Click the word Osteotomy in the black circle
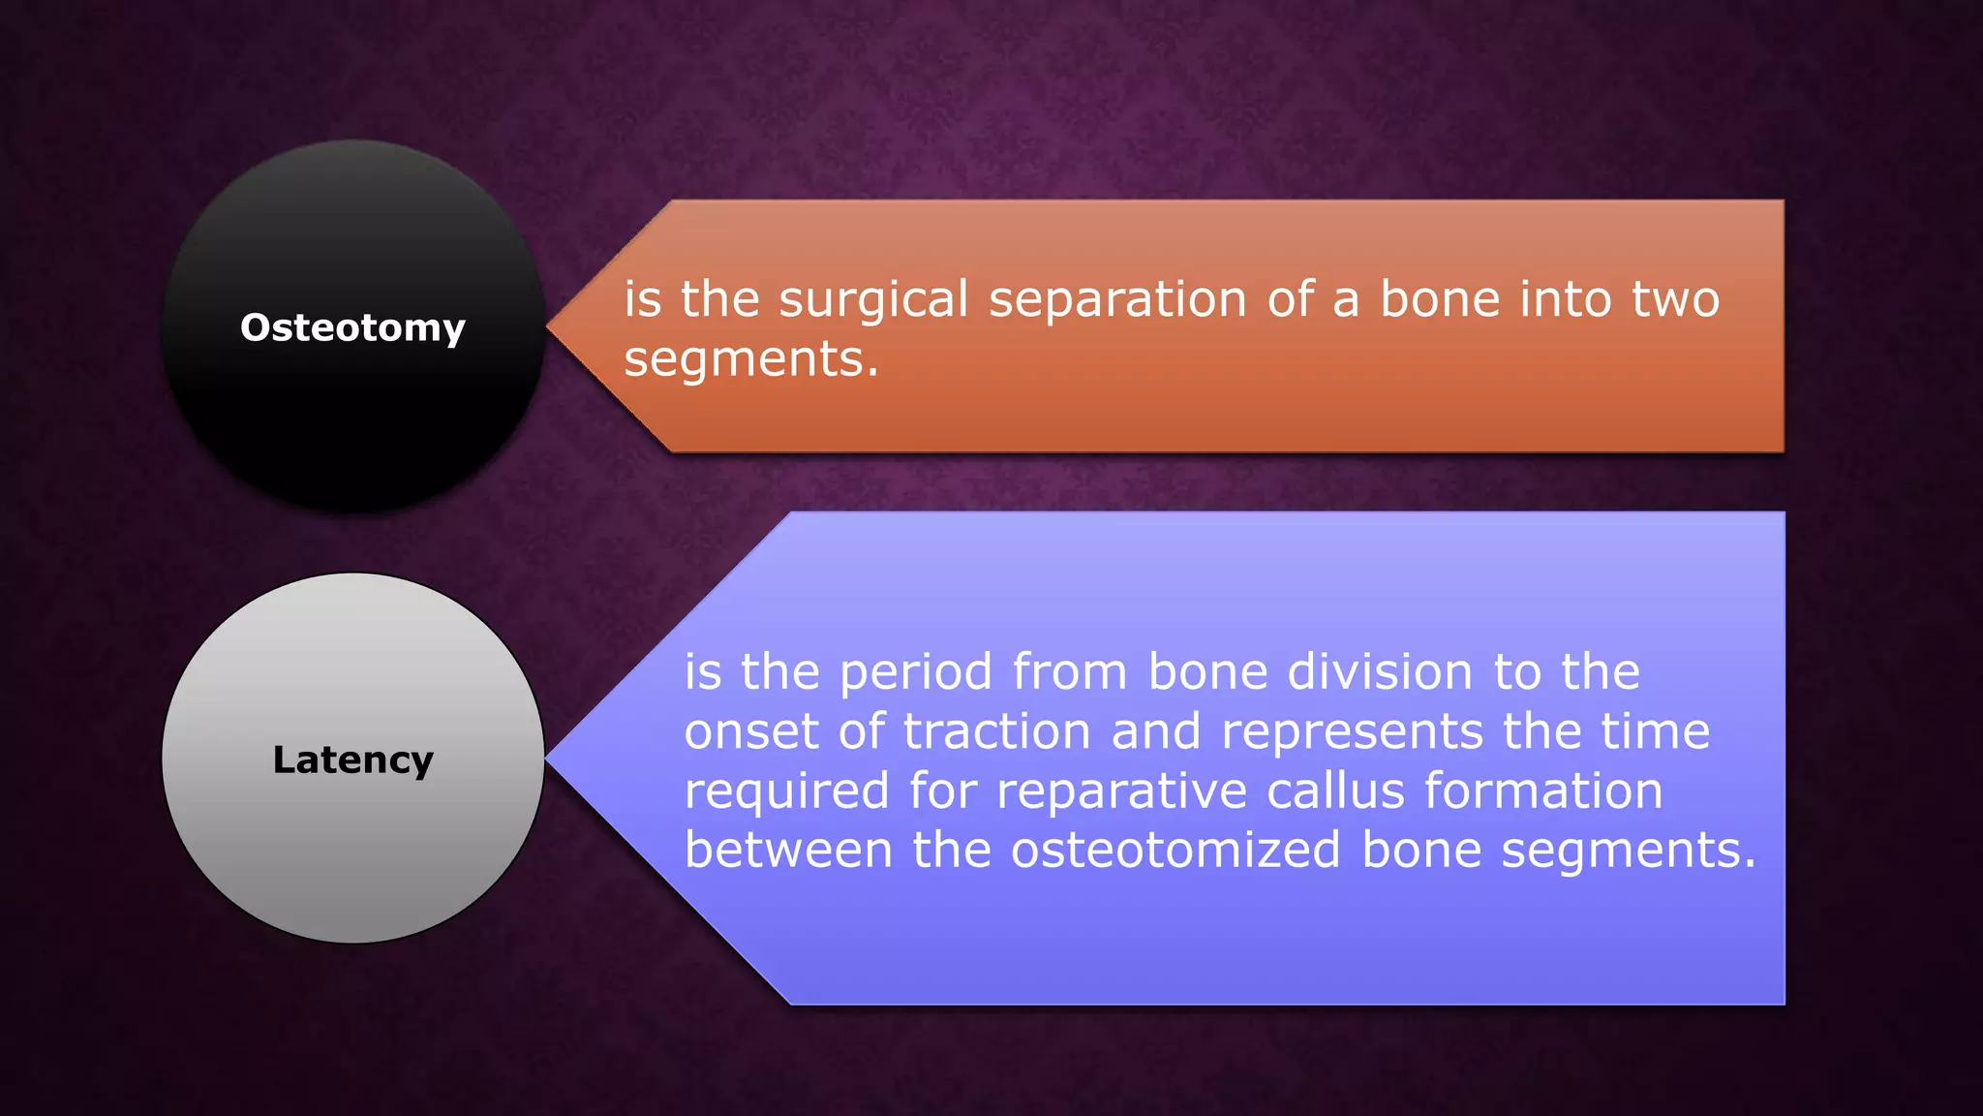click(352, 327)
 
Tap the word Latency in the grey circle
click(352, 759)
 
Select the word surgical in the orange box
click(873, 299)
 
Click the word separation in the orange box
click(1117, 299)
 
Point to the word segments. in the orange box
click(751, 359)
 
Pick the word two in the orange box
click(1675, 299)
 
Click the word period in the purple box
click(916, 672)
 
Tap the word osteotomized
click(1175, 850)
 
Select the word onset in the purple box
click(751, 731)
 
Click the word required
click(786, 791)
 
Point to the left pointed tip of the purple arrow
click(549, 759)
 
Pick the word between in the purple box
click(788, 850)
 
